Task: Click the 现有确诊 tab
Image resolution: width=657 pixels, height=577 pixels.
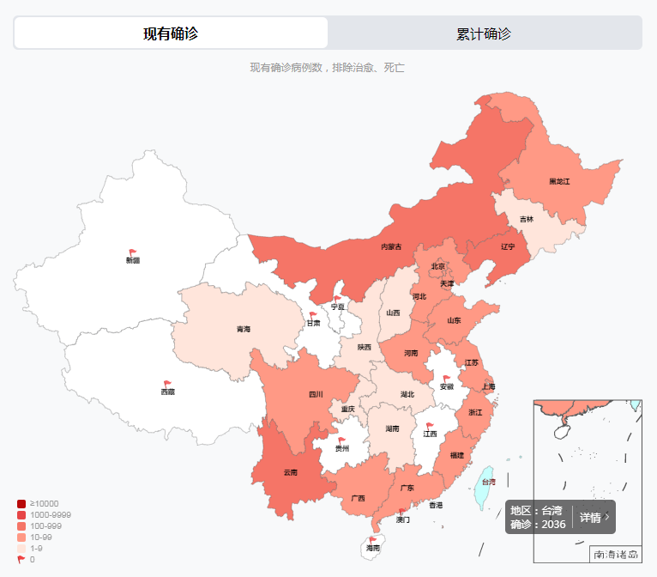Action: point(171,33)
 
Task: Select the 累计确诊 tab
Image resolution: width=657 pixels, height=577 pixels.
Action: point(484,33)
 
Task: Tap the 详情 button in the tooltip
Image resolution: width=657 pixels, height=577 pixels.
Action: point(594,517)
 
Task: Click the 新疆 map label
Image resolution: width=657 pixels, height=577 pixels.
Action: point(133,259)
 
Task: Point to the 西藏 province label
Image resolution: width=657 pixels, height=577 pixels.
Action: point(167,392)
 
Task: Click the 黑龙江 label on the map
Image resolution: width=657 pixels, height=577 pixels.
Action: point(559,181)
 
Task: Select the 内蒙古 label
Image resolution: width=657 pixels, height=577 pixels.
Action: point(391,246)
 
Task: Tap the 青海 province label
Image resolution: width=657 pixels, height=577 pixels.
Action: point(244,329)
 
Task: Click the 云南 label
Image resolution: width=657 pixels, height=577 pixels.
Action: point(291,472)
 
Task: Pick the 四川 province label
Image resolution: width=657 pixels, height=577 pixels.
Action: point(316,395)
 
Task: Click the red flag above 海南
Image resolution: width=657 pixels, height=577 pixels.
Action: point(372,540)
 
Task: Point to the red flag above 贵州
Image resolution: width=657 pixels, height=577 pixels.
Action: point(342,440)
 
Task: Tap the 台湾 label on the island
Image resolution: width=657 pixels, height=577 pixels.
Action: point(488,483)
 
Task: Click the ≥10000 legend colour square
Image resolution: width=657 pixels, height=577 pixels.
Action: point(21,503)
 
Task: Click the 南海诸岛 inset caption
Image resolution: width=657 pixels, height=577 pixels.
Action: point(615,555)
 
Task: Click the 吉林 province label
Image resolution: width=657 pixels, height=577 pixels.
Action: point(526,219)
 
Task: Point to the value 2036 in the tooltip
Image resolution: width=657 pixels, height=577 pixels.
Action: point(553,524)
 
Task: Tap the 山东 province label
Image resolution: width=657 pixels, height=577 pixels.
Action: point(454,320)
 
